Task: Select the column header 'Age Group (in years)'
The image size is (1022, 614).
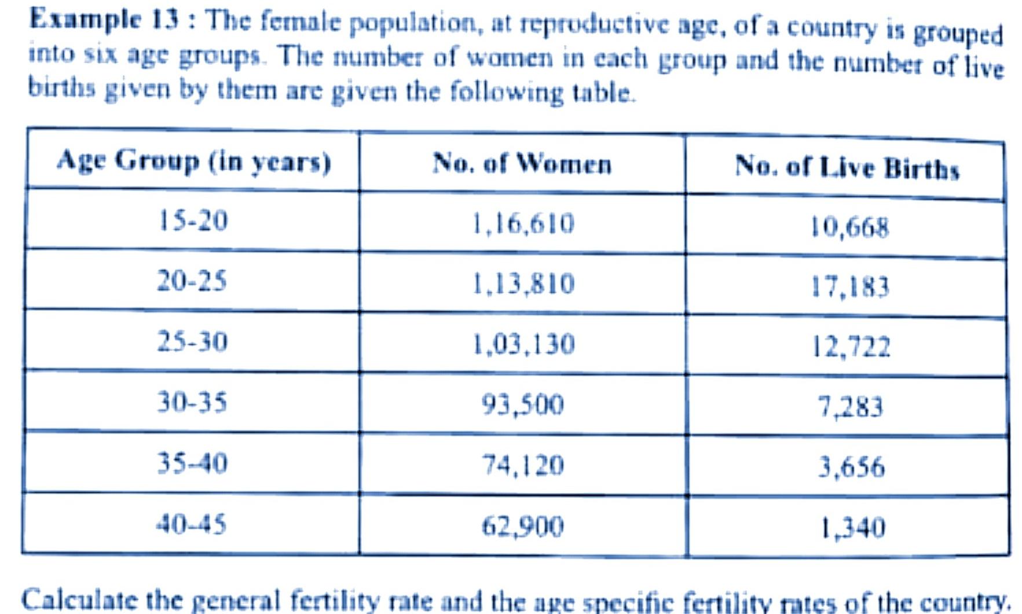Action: coord(193,161)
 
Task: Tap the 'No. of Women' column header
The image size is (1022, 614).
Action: coord(522,164)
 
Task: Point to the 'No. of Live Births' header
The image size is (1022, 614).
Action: coord(847,168)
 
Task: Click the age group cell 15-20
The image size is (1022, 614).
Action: coord(193,221)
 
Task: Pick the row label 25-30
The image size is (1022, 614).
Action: coord(192,341)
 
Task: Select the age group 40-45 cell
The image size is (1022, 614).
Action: coord(191,524)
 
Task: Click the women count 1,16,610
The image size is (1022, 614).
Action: coord(523,223)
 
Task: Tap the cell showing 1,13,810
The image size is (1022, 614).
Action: coord(523,284)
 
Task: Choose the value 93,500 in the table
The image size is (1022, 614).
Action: coord(522,405)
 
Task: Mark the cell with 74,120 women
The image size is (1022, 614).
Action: coord(522,465)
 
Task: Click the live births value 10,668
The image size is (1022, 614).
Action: coord(849,227)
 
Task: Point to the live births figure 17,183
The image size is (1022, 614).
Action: coord(849,287)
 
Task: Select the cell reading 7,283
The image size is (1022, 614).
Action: coord(850,407)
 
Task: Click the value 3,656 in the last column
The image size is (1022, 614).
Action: coord(851,467)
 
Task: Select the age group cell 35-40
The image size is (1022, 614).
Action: coord(192,464)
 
